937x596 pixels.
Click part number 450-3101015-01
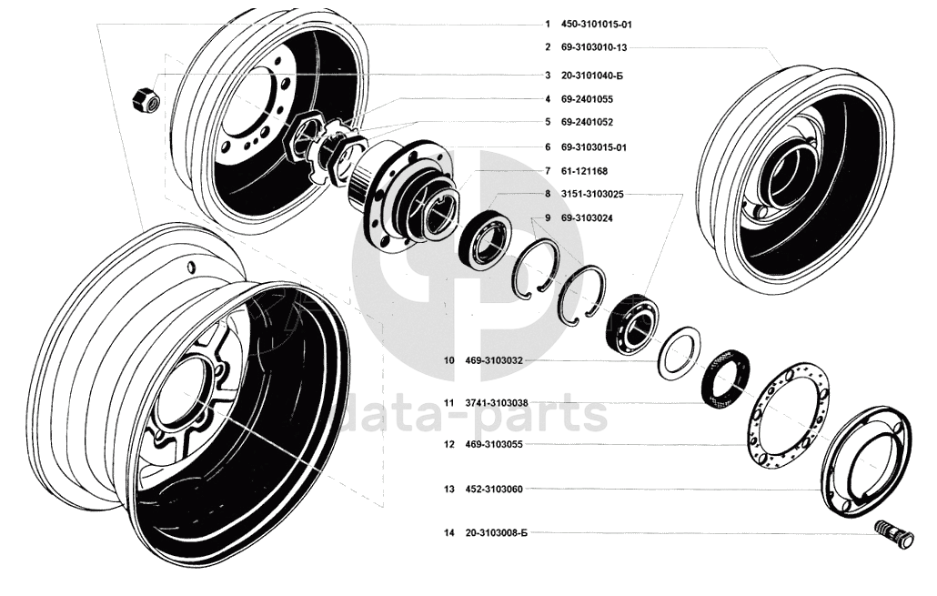pyautogui.click(x=597, y=25)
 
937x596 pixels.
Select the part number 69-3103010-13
pyautogui.click(x=594, y=47)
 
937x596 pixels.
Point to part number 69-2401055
pyautogui.click(x=587, y=99)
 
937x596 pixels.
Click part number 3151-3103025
pyautogui.click(x=592, y=195)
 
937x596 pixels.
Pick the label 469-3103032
pyautogui.click(x=494, y=360)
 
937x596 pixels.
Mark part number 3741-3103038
pyautogui.click(x=497, y=403)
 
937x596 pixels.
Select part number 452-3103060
pyautogui.click(x=494, y=489)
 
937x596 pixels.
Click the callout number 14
pyautogui.click(x=448, y=532)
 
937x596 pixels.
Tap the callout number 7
pyautogui.click(x=548, y=171)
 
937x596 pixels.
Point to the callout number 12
pyautogui.click(x=448, y=444)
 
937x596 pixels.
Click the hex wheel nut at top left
pyautogui.click(x=146, y=100)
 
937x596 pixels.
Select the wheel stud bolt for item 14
pyautogui.click(x=894, y=533)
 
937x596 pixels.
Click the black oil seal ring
pyautogui.click(x=726, y=379)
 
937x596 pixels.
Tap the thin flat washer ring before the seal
pyautogui.click(x=680, y=353)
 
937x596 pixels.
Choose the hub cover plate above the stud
pyautogui.click(x=866, y=461)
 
